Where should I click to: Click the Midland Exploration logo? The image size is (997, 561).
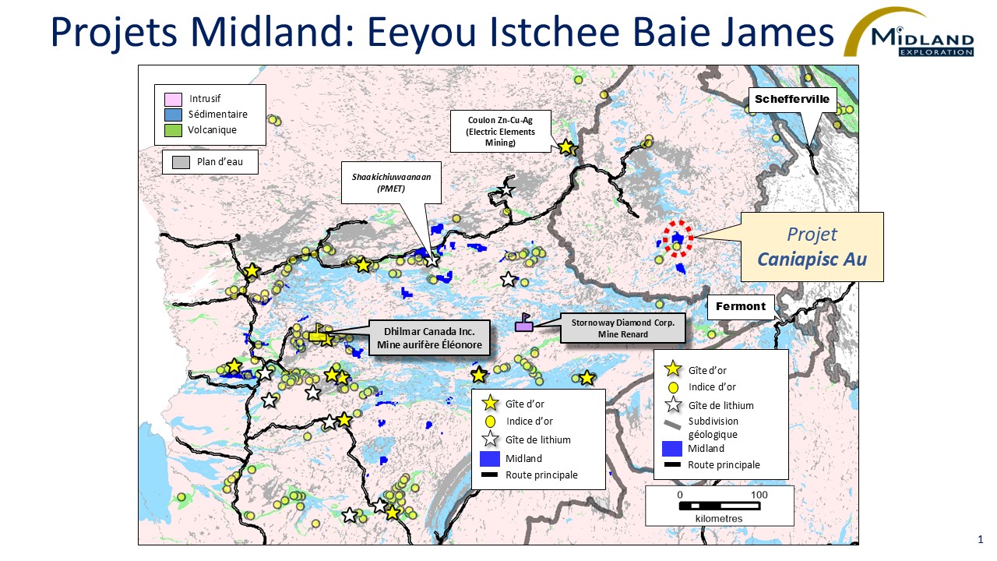tap(910, 34)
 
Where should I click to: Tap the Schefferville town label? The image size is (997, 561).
tap(791, 99)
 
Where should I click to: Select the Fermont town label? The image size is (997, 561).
tap(741, 306)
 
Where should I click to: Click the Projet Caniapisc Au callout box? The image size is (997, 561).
tap(811, 246)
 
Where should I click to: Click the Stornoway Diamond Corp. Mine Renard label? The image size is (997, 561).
tap(622, 328)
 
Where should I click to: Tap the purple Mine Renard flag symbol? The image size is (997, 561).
tap(524, 324)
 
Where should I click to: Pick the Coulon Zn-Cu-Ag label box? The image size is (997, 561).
tap(501, 132)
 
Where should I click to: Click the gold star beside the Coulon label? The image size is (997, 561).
tap(565, 147)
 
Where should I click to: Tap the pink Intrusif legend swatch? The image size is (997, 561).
tap(173, 100)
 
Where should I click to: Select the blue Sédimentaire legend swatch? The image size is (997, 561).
tap(173, 115)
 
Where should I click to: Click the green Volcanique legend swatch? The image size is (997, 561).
tap(173, 130)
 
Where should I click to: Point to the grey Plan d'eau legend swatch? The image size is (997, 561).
tap(181, 162)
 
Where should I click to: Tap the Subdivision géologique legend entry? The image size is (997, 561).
tap(712, 427)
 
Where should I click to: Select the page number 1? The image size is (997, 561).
tap(980, 538)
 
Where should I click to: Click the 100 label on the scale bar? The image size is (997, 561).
tap(759, 495)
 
